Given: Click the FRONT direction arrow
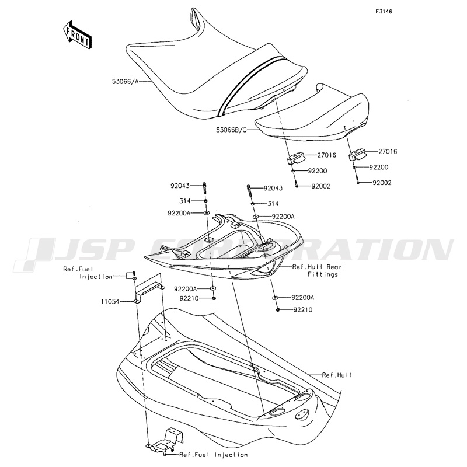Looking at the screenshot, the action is (x=77, y=35).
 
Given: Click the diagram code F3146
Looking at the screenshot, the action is (x=384, y=12).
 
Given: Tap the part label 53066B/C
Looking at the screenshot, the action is (x=232, y=130).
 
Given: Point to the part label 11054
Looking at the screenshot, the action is (x=110, y=302).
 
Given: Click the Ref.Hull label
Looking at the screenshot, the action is (x=337, y=375).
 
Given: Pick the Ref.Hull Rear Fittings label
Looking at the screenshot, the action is (x=317, y=270).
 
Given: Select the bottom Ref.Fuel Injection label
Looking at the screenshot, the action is (x=213, y=455).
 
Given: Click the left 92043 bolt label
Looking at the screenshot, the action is (x=180, y=186).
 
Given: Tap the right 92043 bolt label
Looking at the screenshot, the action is (x=273, y=188).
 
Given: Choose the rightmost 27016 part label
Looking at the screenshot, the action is (x=388, y=152).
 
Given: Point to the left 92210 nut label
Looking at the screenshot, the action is (x=189, y=298).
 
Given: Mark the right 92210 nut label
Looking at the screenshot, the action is (x=303, y=310).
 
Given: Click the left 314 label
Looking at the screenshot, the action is (x=184, y=201).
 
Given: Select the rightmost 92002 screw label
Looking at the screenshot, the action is (x=382, y=183).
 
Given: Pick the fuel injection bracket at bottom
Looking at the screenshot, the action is (x=165, y=441).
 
